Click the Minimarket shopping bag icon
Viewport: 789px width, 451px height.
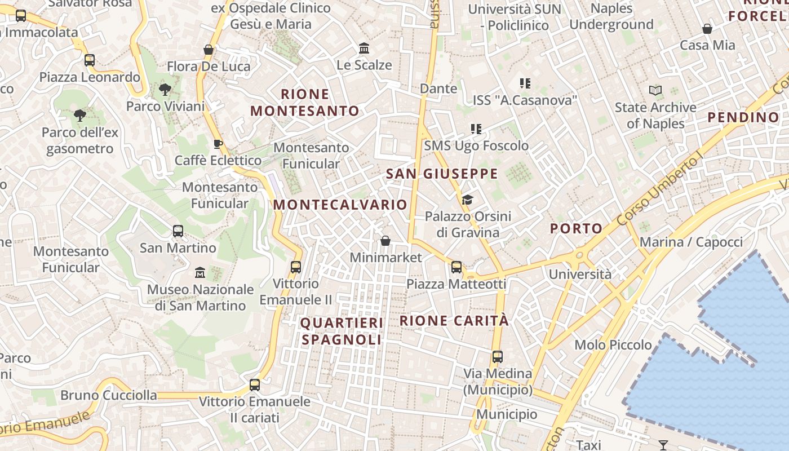click(x=385, y=241)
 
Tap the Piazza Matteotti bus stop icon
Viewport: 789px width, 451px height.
click(x=456, y=267)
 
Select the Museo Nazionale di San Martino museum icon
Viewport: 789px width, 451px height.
click(x=200, y=273)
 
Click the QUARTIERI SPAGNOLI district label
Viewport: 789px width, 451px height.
click(x=342, y=331)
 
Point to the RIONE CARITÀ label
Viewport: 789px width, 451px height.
click(x=454, y=321)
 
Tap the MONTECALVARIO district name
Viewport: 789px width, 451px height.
click(x=340, y=205)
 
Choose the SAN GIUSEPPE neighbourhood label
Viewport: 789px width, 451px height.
click(x=442, y=174)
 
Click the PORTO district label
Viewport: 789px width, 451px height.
click(x=576, y=228)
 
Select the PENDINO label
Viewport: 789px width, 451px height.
click(x=743, y=117)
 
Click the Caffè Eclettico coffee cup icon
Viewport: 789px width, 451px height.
click(x=218, y=144)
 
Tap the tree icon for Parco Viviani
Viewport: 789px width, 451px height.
click(x=165, y=89)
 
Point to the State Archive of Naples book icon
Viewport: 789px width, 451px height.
click(x=655, y=90)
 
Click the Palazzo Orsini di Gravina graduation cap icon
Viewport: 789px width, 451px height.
click(x=467, y=200)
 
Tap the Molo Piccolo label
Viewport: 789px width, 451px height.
click(x=613, y=344)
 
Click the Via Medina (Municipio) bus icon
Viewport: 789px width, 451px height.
click(x=497, y=357)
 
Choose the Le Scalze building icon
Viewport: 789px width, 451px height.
click(x=364, y=48)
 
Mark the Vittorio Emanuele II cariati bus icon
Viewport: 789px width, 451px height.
click(x=255, y=385)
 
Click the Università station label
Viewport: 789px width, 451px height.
click(x=580, y=275)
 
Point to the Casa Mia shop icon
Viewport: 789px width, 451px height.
click(x=707, y=29)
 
